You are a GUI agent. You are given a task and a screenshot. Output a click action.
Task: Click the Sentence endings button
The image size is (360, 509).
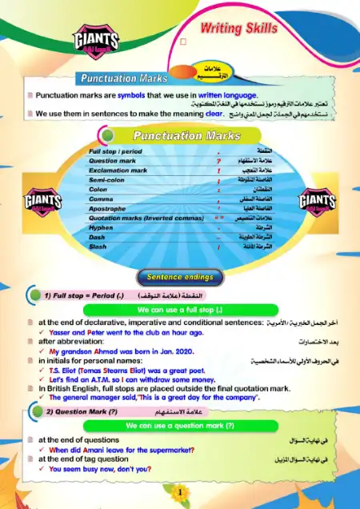click(x=179, y=277)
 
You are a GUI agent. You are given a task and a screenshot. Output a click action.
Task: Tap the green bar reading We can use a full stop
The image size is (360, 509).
click(x=179, y=309)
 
